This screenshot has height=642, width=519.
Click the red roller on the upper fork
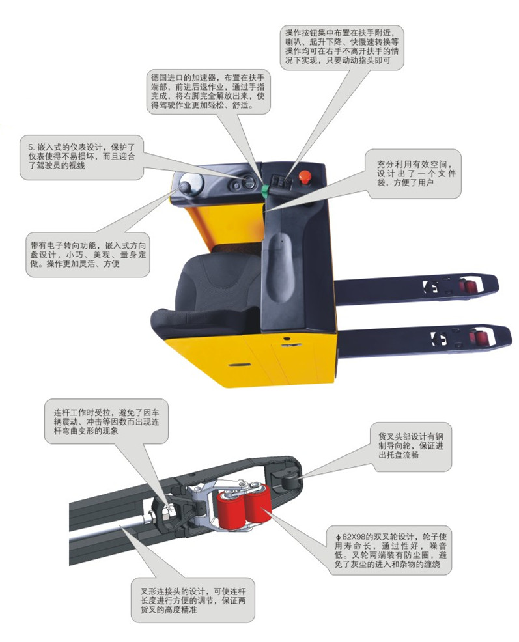pos(467,285)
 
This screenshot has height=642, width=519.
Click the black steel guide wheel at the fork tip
pos(284,481)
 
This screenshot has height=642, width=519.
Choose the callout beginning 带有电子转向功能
pos(89,255)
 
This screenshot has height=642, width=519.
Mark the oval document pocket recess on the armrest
pos(281,260)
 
